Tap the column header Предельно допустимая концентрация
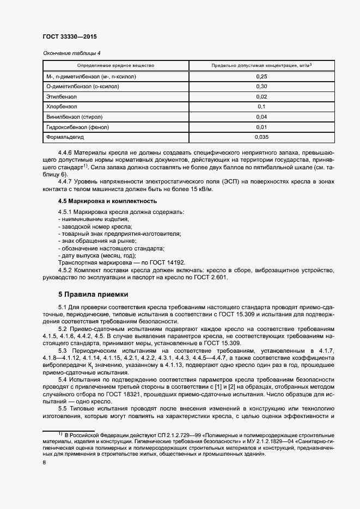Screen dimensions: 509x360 point(261,65)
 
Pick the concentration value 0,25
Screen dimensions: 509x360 point(261,76)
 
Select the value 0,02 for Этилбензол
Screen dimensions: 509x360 point(261,96)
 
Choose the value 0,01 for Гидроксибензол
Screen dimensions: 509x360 point(261,127)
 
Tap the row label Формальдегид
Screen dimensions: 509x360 point(64,137)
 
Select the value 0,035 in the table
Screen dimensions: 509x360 point(261,137)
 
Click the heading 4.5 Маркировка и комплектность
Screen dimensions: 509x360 point(100,201)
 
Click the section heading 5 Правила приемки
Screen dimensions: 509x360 point(93,295)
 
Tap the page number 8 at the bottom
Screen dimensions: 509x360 point(44,463)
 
